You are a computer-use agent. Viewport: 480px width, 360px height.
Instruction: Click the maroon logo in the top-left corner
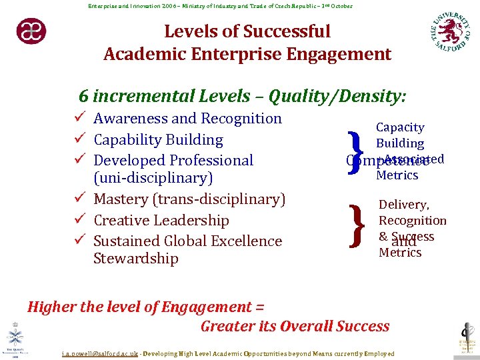point(31,31)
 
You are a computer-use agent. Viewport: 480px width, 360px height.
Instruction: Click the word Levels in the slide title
point(191,31)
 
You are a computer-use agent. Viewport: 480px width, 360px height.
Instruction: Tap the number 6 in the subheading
point(83,97)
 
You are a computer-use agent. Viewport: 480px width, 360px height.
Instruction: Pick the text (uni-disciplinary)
point(153,179)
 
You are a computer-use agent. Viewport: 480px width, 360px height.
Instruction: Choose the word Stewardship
point(136,259)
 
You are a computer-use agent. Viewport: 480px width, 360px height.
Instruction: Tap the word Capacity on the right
point(400,127)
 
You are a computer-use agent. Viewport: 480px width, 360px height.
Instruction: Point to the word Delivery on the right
point(404,205)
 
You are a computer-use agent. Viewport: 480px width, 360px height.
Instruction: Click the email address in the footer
point(100,354)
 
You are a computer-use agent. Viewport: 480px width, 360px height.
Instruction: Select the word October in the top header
point(341,6)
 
